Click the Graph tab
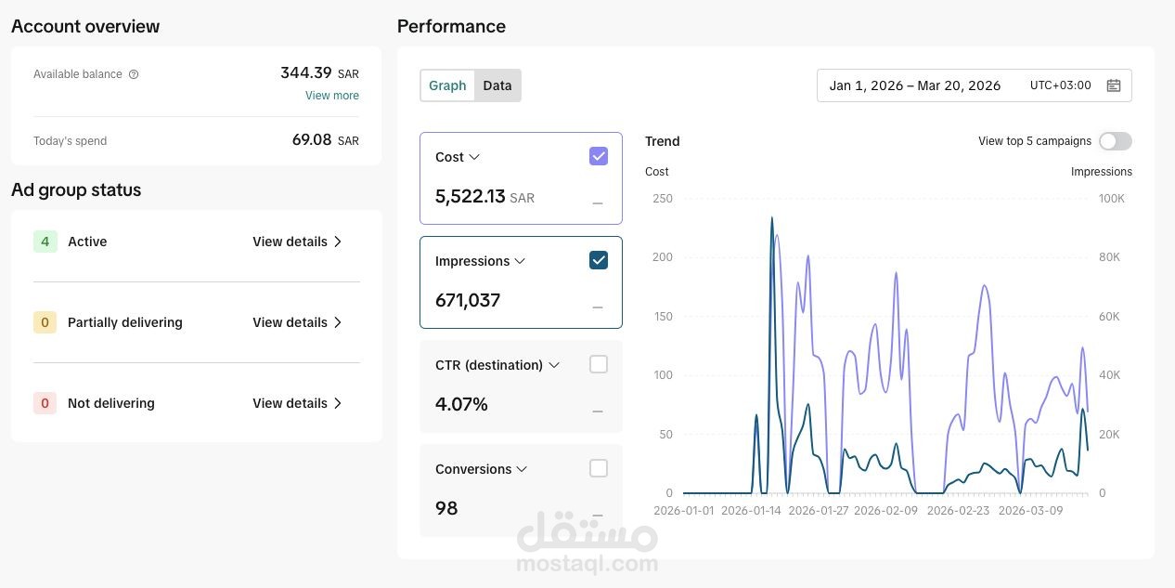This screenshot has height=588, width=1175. (447, 85)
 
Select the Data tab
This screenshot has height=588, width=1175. (497, 85)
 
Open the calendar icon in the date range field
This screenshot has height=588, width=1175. (1113, 85)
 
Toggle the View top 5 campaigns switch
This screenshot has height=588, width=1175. (1116, 141)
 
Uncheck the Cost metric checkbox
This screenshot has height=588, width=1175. (599, 156)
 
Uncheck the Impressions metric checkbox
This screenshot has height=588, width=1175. (599, 260)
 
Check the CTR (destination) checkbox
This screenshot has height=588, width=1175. (599, 364)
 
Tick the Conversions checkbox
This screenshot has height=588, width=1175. (599, 468)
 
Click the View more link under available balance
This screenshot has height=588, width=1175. (332, 96)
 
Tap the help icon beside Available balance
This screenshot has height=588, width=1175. (134, 74)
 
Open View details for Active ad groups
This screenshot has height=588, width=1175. (297, 242)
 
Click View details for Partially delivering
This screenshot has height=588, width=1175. (297, 322)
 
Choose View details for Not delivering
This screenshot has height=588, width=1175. (297, 403)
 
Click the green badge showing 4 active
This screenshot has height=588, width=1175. (45, 242)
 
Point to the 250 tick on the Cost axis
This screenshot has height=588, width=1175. (662, 199)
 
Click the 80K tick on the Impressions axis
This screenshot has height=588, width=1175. (1109, 257)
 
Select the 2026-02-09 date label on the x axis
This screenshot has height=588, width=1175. (885, 511)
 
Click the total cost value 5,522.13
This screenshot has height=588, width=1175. (470, 196)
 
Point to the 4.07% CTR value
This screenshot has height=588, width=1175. (461, 404)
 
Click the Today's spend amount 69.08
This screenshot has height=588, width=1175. (312, 139)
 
